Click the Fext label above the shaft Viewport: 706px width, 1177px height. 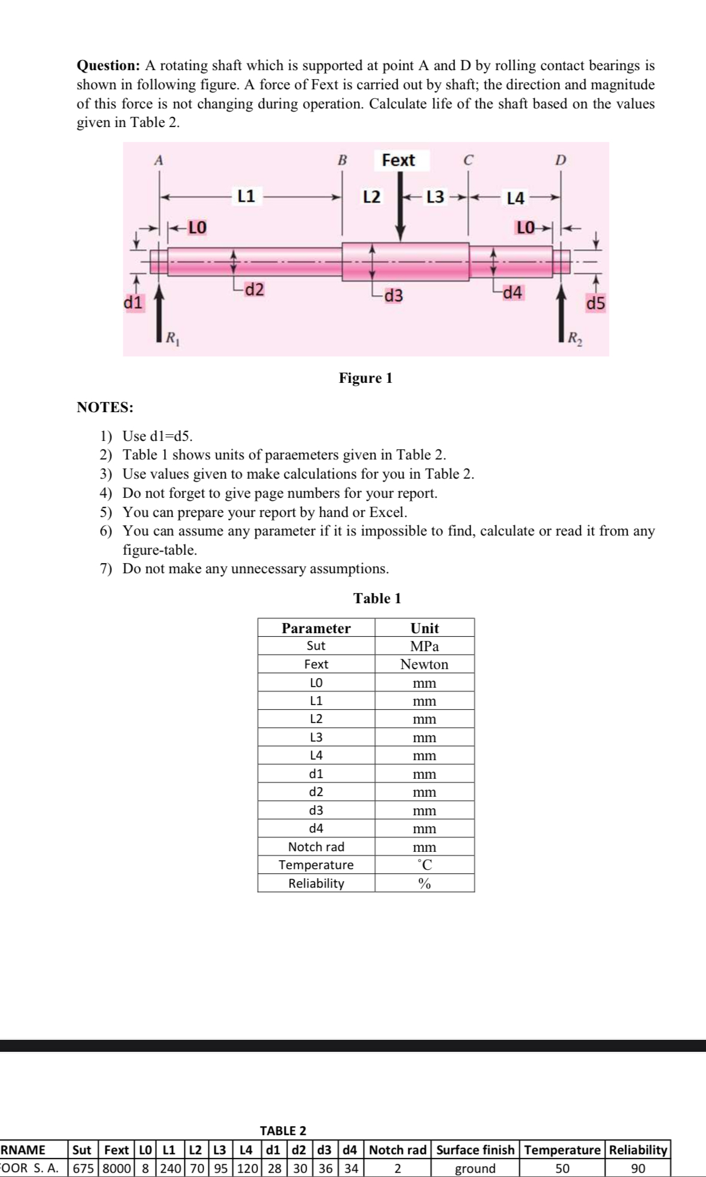click(398, 160)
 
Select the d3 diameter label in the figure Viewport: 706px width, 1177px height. click(393, 295)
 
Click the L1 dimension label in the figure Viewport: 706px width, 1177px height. click(246, 196)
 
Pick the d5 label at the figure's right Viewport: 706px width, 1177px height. click(596, 304)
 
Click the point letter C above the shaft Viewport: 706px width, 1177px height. click(468, 160)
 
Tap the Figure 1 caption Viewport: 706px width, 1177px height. click(365, 378)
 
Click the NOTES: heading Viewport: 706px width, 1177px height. click(105, 407)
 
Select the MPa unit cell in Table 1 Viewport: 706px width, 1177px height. click(424, 646)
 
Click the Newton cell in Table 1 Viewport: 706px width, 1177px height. click(424, 664)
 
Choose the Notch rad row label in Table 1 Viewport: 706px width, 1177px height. click(316, 847)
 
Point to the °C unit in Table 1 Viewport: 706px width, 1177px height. click(424, 865)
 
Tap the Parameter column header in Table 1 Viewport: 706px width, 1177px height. click(316, 628)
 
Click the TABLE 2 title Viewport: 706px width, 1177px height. click(283, 1131)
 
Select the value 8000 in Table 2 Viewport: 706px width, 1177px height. click(116, 1169)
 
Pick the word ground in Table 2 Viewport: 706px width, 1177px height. click(475, 1169)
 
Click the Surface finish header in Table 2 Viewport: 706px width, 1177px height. click(475, 1150)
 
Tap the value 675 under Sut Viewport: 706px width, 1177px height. click(82, 1169)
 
